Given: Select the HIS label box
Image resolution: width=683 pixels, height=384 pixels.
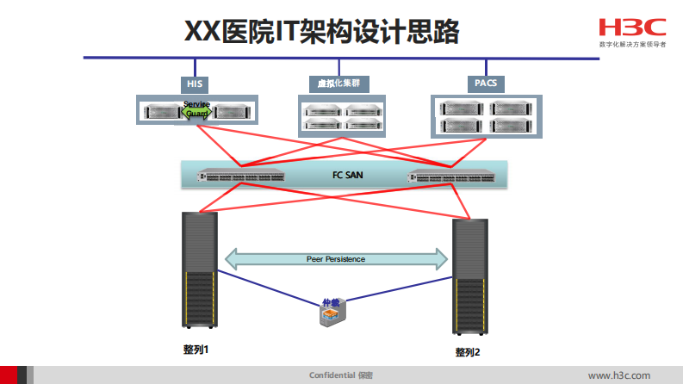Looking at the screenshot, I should (x=196, y=84).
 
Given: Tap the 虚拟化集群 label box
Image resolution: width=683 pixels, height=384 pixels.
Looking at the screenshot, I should (x=338, y=84).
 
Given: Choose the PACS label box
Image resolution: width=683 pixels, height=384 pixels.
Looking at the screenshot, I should (x=486, y=84).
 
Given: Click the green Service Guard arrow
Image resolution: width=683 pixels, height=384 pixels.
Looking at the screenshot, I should (x=196, y=109).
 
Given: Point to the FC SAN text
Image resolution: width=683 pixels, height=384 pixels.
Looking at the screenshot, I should (x=349, y=175).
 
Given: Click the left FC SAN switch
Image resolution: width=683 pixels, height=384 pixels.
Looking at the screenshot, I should (x=242, y=176).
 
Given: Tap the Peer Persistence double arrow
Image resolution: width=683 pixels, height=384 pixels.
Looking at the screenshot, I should (x=336, y=258).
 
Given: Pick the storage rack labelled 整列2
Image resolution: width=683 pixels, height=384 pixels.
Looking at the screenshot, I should (x=469, y=276).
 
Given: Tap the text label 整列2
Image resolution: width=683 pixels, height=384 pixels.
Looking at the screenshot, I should (x=468, y=352).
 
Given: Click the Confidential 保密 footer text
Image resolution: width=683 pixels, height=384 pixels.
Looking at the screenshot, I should (x=341, y=375).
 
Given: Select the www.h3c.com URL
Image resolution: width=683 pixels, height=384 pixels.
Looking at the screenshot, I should (x=618, y=375).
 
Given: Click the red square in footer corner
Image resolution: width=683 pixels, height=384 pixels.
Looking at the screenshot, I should (x=8, y=375).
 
